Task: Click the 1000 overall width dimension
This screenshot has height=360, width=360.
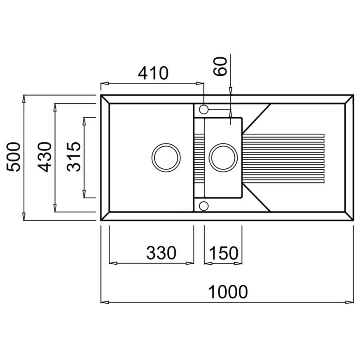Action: tap(228, 292)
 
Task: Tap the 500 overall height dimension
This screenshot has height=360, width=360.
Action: tap(13, 157)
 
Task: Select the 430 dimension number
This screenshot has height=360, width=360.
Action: tap(44, 157)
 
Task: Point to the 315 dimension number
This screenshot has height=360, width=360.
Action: tap(74, 157)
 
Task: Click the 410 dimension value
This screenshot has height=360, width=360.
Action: tap(153, 73)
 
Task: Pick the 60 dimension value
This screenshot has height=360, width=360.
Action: tap(220, 66)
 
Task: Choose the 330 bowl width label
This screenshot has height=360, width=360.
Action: tap(161, 253)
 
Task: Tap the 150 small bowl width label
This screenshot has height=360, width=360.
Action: tap(224, 253)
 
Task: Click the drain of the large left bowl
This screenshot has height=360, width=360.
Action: tap(166, 158)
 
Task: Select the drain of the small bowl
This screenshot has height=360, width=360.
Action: tap(223, 158)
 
